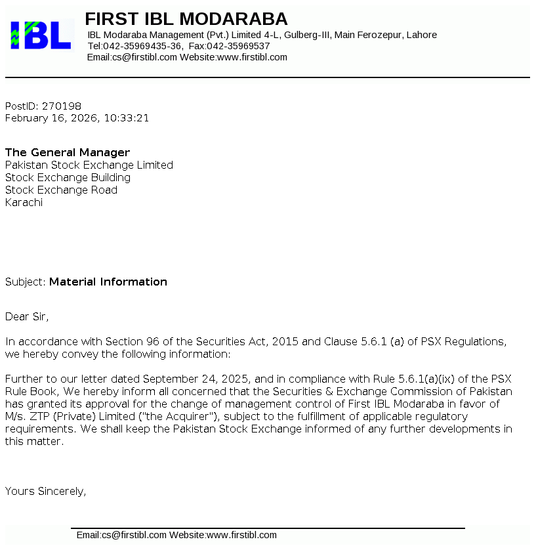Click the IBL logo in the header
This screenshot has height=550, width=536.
pos(40,35)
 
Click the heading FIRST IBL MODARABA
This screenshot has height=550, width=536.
pos(186,19)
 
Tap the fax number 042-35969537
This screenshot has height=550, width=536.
pos(239,46)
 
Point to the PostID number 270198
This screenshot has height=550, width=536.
pos(62,106)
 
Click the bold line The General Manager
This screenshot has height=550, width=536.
pos(68,152)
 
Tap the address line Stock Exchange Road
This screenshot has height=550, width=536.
pos(61,190)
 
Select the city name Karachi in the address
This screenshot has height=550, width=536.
pos(24,202)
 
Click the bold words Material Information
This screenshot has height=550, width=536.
pos(108,282)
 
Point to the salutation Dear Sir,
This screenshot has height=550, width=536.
pos(27,316)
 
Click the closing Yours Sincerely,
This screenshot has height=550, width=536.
pos(45,490)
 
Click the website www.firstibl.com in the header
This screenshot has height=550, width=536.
pos(252,57)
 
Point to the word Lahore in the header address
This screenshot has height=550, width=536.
pos(422,35)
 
